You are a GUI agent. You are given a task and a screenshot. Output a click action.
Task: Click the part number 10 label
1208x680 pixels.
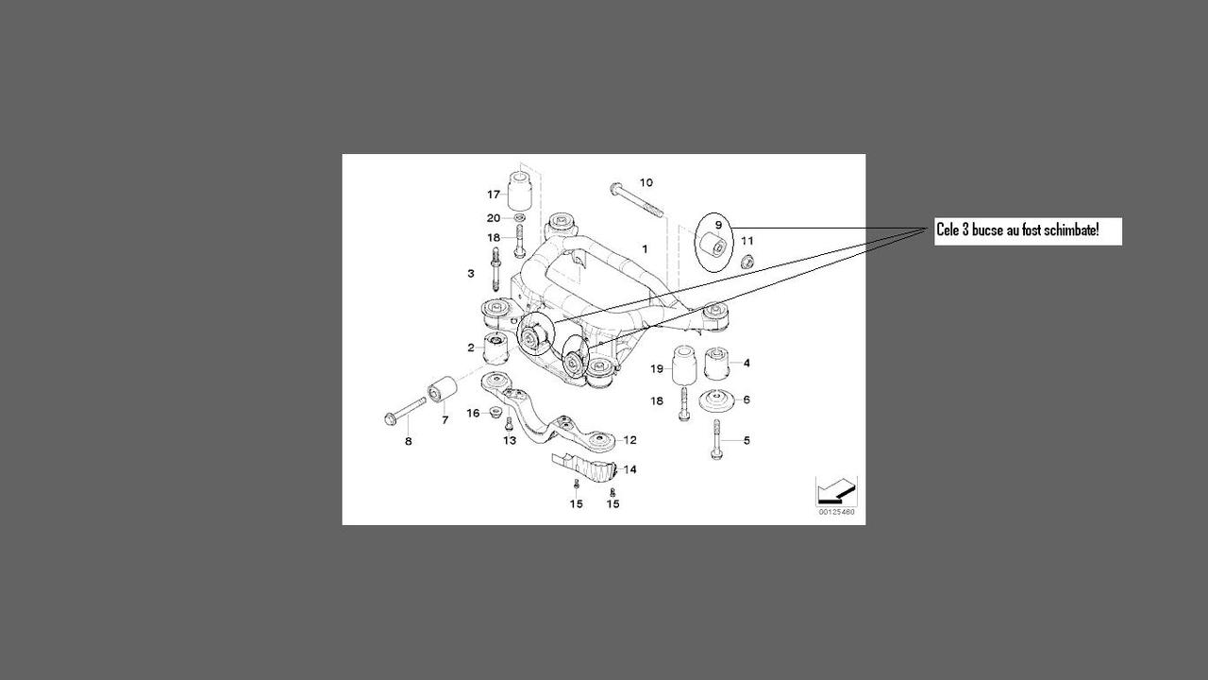[x=646, y=182]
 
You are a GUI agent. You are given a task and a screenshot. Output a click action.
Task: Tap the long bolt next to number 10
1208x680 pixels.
[x=635, y=199]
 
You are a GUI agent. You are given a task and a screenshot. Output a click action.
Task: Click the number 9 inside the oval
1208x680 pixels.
[x=718, y=225]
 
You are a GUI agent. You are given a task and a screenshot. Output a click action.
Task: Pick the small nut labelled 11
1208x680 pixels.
[x=746, y=260]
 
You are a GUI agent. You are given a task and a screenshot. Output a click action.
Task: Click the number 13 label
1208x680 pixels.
[x=510, y=440]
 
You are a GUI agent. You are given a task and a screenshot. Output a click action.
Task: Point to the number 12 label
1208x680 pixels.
[x=629, y=439]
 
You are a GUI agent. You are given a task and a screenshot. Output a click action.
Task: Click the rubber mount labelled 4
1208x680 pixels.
[x=717, y=362]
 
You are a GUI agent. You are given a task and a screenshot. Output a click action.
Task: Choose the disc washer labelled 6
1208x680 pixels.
[x=716, y=399]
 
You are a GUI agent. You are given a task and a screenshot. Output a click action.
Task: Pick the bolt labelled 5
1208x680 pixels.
[x=716, y=440]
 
